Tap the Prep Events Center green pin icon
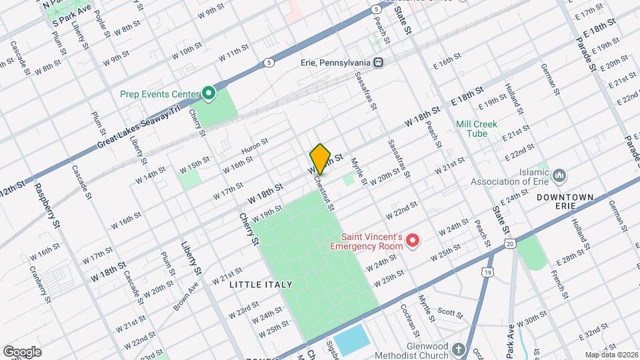(x=208, y=94)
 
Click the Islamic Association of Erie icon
(x=559, y=175)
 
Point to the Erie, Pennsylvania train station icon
(x=378, y=62)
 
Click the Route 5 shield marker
(x=269, y=63)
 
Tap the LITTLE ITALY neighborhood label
(x=261, y=285)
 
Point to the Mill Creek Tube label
(x=471, y=129)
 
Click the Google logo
(x=22, y=351)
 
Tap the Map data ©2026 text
(x=610, y=354)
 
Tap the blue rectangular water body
(x=351, y=340)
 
